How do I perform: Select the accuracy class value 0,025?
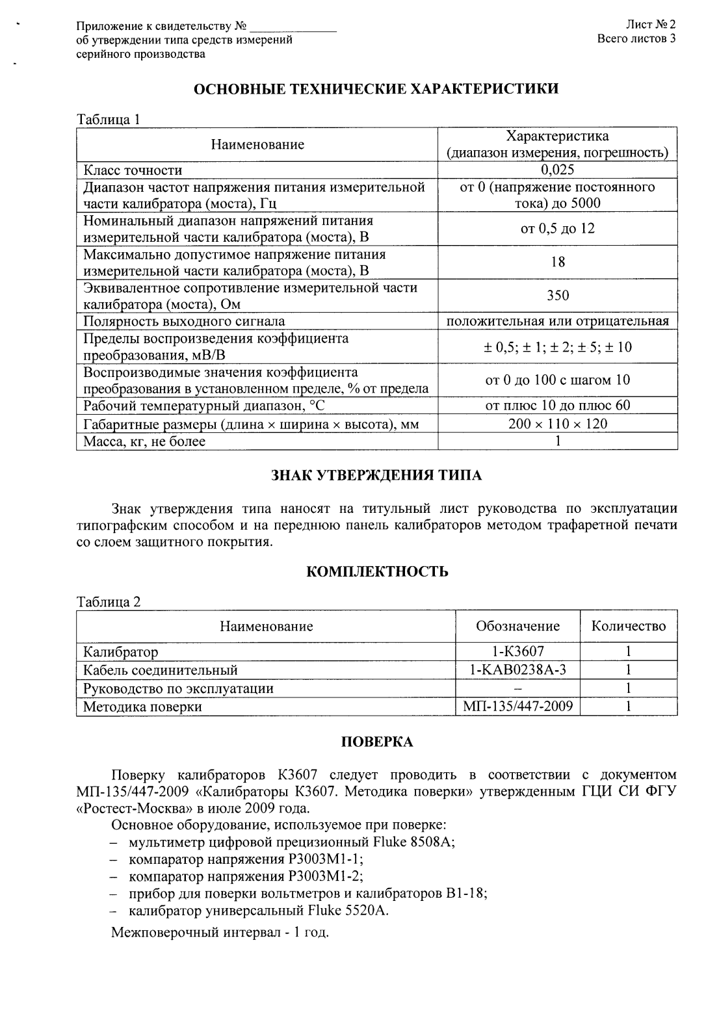point(557,170)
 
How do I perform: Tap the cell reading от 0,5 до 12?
point(557,229)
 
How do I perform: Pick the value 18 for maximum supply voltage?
point(557,262)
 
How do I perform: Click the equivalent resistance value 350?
point(557,296)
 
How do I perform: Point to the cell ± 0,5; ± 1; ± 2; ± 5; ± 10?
point(557,347)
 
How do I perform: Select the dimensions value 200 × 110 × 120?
point(557,424)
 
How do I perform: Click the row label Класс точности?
point(133,170)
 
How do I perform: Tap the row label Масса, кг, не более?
point(144,442)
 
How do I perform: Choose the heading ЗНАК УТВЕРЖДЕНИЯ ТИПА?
point(376,476)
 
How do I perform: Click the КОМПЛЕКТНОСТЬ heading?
point(376,572)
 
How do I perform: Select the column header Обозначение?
point(517,626)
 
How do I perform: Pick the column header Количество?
point(628,626)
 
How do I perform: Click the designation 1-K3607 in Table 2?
point(517,651)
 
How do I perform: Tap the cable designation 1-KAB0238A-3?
point(517,669)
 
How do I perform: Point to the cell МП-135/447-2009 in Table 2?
point(517,707)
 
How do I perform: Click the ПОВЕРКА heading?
point(376,742)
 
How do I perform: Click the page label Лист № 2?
point(651,25)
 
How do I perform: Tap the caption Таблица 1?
point(109,120)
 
